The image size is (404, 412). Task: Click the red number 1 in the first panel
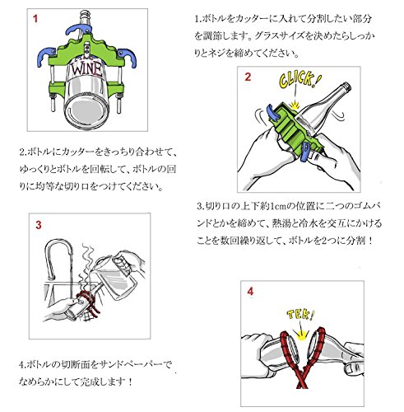tap(35, 19)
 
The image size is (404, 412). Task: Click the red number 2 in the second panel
tap(248, 77)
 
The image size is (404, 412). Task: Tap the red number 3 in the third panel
tap(39, 225)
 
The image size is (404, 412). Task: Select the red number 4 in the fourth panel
tap(250, 291)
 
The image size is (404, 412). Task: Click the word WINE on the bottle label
tap(86, 70)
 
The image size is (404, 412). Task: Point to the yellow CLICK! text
tap(300, 79)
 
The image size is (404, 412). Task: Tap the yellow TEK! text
tap(300, 315)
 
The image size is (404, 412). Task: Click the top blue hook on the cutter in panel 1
tap(79, 30)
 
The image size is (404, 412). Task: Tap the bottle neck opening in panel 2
tap(346, 87)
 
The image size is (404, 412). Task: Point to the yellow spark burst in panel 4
tap(302, 335)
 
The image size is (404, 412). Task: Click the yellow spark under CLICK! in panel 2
tap(295, 105)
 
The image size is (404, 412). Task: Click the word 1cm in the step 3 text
tap(277, 206)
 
